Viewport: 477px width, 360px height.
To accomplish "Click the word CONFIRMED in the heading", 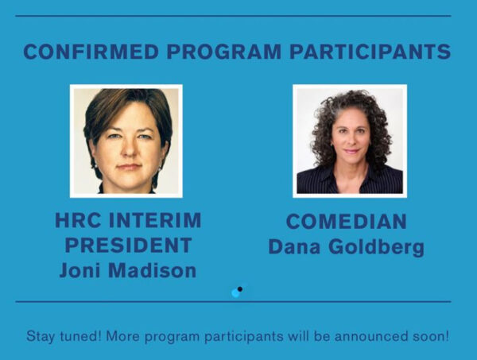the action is pos(91,52).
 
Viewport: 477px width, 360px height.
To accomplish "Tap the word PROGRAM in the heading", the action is pos(224,52).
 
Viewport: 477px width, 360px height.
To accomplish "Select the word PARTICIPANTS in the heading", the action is pos(370,52).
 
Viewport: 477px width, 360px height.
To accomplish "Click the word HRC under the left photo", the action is pos(78,220).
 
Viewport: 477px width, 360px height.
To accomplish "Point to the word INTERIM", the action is pos(155,220).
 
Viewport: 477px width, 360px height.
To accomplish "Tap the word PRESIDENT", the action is pos(128,245).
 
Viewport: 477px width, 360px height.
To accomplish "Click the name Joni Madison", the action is pos(128,270).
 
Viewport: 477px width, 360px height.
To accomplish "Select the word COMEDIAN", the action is pos(346,221).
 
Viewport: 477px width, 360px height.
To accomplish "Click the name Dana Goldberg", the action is pos(346,247).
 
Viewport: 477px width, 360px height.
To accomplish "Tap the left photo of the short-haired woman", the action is pos(126,141).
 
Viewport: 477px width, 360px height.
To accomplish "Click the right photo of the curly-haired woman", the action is pos(350,141).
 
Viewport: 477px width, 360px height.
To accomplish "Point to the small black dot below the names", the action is pos(240,288).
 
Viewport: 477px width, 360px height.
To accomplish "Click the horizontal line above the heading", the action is pos(233,16).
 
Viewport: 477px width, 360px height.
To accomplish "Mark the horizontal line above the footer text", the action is pos(233,302).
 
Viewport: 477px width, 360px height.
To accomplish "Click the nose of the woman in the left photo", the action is pos(130,149).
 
